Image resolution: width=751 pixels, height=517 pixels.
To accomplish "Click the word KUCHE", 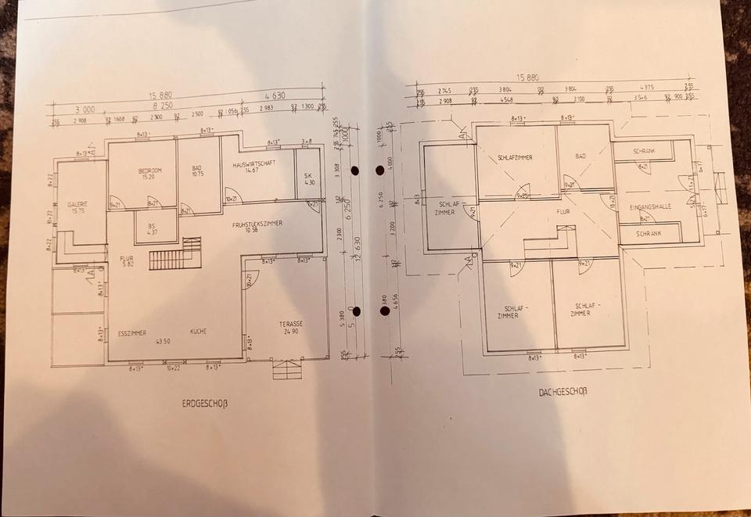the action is tap(199, 332).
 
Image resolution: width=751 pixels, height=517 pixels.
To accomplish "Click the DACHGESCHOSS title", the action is tap(562, 391).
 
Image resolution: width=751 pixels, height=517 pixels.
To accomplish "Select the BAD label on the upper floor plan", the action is tap(580, 156).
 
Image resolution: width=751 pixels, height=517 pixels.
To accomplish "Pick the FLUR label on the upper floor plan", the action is tap(563, 211).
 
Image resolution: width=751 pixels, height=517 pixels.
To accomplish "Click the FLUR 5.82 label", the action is tap(127, 260).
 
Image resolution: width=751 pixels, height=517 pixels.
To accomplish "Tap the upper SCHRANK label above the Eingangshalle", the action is tap(646, 150).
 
